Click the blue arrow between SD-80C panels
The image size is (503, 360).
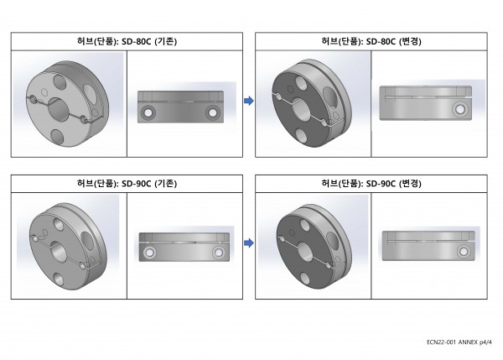[x=249, y=101]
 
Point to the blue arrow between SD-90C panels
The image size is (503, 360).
[x=249, y=243]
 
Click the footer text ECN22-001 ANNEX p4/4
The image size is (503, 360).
[x=459, y=342]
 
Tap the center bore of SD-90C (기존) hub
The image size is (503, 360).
[x=59, y=252]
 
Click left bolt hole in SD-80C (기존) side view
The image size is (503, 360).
[x=148, y=112]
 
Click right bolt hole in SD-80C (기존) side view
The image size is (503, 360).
[x=212, y=112]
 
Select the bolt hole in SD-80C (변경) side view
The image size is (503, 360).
[x=460, y=109]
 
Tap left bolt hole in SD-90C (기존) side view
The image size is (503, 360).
[x=149, y=253]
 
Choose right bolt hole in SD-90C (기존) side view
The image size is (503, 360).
[x=218, y=253]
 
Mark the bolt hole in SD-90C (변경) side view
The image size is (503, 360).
[x=464, y=252]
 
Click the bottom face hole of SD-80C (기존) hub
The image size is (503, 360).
[x=58, y=137]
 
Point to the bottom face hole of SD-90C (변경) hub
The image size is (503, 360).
[x=306, y=279]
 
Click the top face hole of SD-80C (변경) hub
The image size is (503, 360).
[x=301, y=83]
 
